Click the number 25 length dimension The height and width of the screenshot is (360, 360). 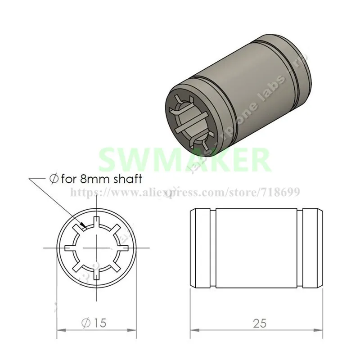[260, 322]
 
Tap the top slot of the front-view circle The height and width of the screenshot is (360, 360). [96, 221]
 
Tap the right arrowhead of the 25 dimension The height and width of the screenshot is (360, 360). [324, 330]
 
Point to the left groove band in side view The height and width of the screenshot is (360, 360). [205, 248]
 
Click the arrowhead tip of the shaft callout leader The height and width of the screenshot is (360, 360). [84, 226]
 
